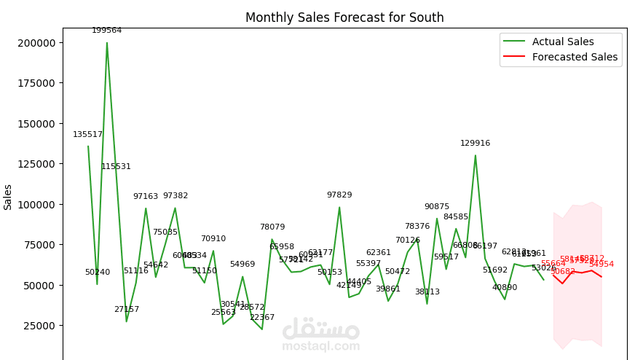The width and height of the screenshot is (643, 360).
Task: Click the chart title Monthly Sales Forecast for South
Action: [x=344, y=17]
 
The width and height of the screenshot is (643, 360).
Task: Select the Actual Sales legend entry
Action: [x=563, y=42]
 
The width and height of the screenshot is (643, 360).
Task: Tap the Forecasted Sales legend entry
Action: [x=575, y=57]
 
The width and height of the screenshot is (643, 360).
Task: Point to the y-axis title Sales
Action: [x=8, y=197]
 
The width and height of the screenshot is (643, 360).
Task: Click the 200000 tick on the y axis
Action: [x=36, y=42]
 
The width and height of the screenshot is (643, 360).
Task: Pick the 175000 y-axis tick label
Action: [x=36, y=83]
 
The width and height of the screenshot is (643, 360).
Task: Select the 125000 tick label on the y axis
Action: [x=36, y=164]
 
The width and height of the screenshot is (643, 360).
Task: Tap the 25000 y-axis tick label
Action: [x=39, y=326]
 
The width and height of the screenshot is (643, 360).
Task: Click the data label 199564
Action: [x=107, y=31]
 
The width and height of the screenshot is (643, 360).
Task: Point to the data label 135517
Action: [x=88, y=135]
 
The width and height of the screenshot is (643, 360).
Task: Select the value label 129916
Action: [x=476, y=144]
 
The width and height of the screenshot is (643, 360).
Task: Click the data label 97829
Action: [x=339, y=195]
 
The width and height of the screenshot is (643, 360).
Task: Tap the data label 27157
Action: [x=127, y=310]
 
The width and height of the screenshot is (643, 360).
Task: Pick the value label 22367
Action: [x=262, y=318]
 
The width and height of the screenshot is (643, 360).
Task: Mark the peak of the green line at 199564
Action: [x=107, y=42]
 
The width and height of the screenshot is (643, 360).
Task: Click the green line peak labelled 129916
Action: [x=476, y=155]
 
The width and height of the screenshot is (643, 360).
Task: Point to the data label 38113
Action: [x=427, y=292]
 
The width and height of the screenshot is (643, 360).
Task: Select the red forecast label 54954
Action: [x=601, y=265]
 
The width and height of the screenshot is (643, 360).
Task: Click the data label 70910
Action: [x=213, y=239]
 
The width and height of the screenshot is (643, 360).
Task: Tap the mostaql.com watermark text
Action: [x=321, y=346]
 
